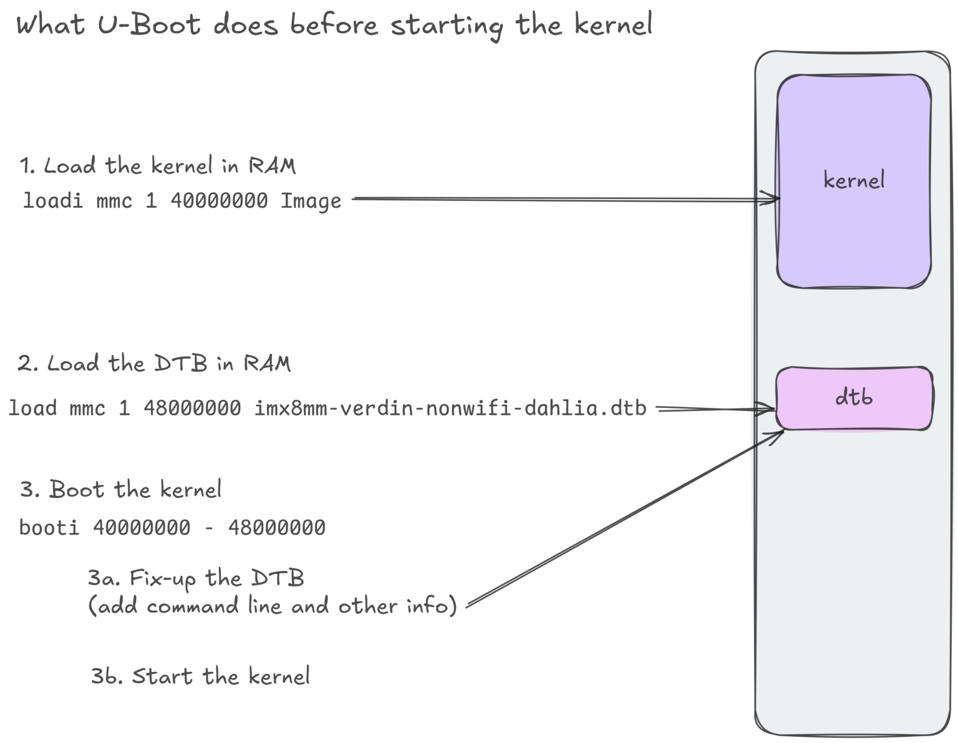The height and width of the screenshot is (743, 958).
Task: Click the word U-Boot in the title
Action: click(149, 25)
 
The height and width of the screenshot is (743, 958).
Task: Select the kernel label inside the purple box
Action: click(853, 180)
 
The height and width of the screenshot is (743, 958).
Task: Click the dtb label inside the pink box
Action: click(853, 397)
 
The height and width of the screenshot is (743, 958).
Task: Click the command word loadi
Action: click(52, 201)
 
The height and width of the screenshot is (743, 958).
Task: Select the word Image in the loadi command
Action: click(311, 202)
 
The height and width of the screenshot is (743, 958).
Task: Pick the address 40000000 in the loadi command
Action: click(219, 201)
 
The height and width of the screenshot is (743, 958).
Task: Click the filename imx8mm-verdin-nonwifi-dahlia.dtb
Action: click(450, 408)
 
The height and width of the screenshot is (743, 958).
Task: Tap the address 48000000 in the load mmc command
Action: click(192, 408)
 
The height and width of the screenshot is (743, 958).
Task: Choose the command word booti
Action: click(49, 528)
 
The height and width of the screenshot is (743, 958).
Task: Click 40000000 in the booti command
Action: click(142, 528)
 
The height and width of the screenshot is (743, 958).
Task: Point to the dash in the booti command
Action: click(209, 528)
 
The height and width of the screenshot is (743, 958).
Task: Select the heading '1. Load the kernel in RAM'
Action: click(157, 166)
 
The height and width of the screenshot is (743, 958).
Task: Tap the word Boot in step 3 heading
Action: click(77, 489)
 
